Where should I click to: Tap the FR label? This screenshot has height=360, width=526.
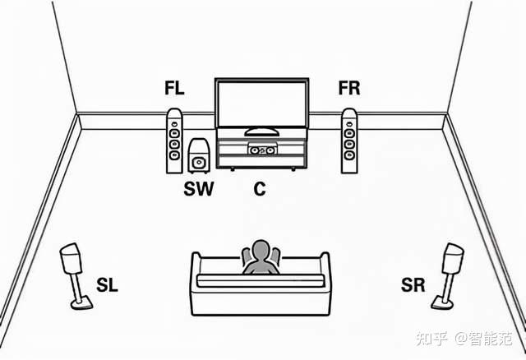(x=350, y=88)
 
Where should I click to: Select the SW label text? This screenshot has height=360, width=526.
(x=198, y=189)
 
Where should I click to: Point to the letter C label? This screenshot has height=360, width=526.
(x=260, y=189)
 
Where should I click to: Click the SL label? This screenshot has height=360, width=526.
(x=107, y=286)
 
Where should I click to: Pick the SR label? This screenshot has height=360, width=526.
(x=413, y=286)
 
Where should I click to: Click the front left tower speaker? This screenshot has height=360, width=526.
(x=173, y=141)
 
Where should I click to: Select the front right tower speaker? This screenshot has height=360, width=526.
(x=350, y=141)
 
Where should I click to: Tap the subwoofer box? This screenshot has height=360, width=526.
(x=197, y=155)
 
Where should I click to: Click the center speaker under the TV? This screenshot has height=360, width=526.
(x=261, y=150)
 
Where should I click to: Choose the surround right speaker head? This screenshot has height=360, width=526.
(x=452, y=258)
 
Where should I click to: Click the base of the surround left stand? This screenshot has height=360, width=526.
(x=81, y=304)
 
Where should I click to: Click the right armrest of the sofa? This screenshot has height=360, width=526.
(x=323, y=284)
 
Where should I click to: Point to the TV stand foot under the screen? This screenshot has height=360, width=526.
(x=261, y=132)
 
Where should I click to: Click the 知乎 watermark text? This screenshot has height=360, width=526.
(x=431, y=339)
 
